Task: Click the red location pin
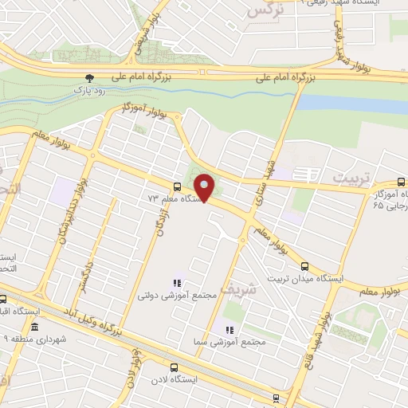[205, 189]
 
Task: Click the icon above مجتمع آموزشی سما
[229, 329]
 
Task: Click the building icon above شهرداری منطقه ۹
[33, 328]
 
